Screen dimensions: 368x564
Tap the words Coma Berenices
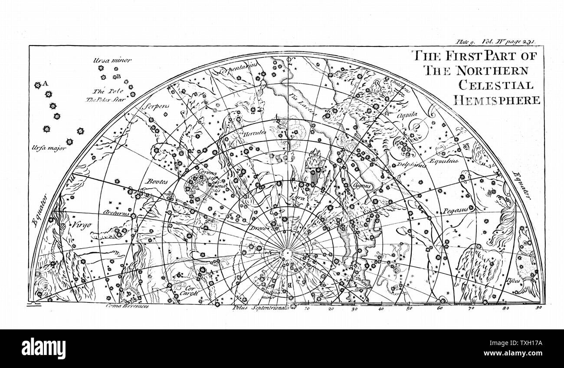tap(127, 306)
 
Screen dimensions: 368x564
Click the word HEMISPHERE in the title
tap(497, 100)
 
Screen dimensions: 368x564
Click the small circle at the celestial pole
tap(287, 252)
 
